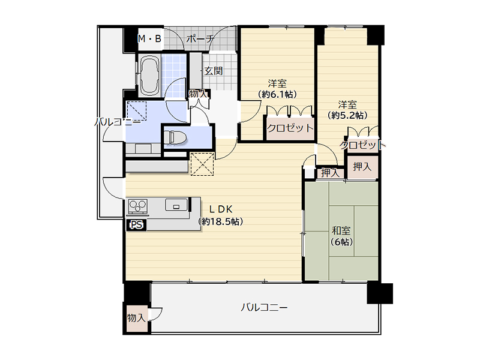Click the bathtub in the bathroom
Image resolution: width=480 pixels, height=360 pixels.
coord(149,76)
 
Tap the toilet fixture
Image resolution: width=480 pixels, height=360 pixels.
coord(175,137)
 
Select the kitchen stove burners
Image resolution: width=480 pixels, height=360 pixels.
coord(138,206)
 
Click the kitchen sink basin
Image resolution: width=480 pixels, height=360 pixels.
coord(176,205)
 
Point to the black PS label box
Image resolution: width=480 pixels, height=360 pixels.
coord(137,225)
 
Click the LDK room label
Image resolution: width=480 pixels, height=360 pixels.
coord(221,215)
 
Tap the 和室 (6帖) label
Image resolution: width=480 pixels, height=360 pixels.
coord(341,236)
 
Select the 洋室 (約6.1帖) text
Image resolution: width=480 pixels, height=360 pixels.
coord(277,89)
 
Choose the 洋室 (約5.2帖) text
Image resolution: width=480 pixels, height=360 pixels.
coord(347,110)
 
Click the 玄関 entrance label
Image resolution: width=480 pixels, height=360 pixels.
coord(214,71)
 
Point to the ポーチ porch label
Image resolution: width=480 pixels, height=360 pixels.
coord(200,39)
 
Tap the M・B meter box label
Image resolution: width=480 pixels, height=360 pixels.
coord(149,39)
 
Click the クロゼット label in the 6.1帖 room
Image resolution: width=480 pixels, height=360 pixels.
coord(290,128)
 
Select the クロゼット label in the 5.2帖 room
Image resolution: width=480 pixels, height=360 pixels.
coord(363,145)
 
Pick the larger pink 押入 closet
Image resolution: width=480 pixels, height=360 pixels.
coord(363,167)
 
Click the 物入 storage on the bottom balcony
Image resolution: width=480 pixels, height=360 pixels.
coord(137,318)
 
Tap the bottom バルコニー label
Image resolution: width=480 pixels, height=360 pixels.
coord(264,307)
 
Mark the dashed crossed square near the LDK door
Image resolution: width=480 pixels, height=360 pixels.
coord(202,164)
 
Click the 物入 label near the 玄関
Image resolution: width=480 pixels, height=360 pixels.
coord(198,94)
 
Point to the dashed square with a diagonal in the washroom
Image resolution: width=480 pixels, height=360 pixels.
coord(137,111)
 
